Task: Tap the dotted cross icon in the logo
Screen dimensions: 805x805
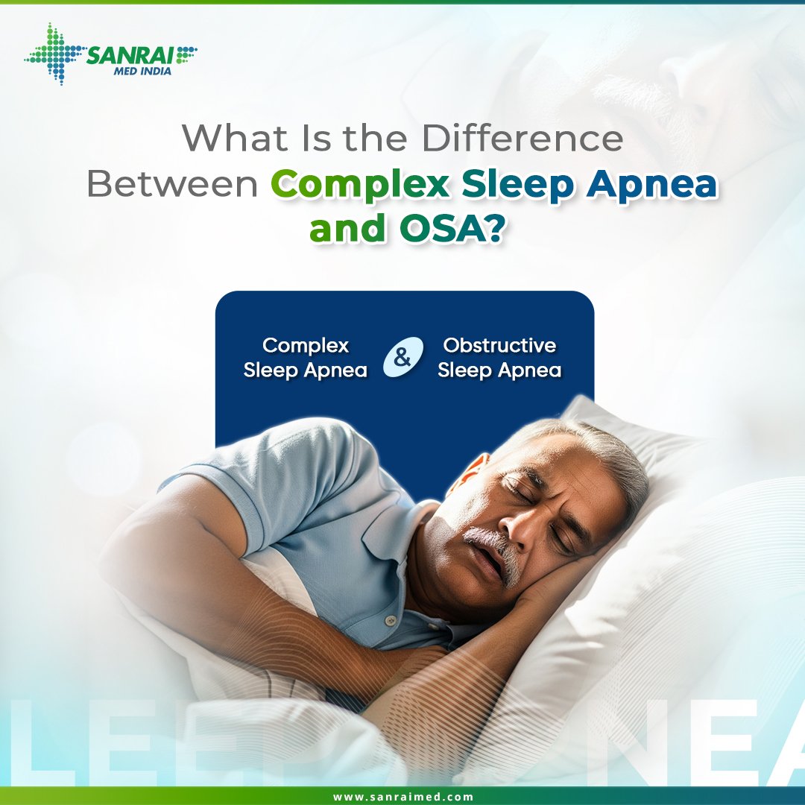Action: (53, 54)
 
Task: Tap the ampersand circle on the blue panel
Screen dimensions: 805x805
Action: (402, 358)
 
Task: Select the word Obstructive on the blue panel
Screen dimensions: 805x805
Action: (499, 346)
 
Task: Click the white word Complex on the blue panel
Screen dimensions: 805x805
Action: (306, 346)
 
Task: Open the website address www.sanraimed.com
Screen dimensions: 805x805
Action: (402, 796)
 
